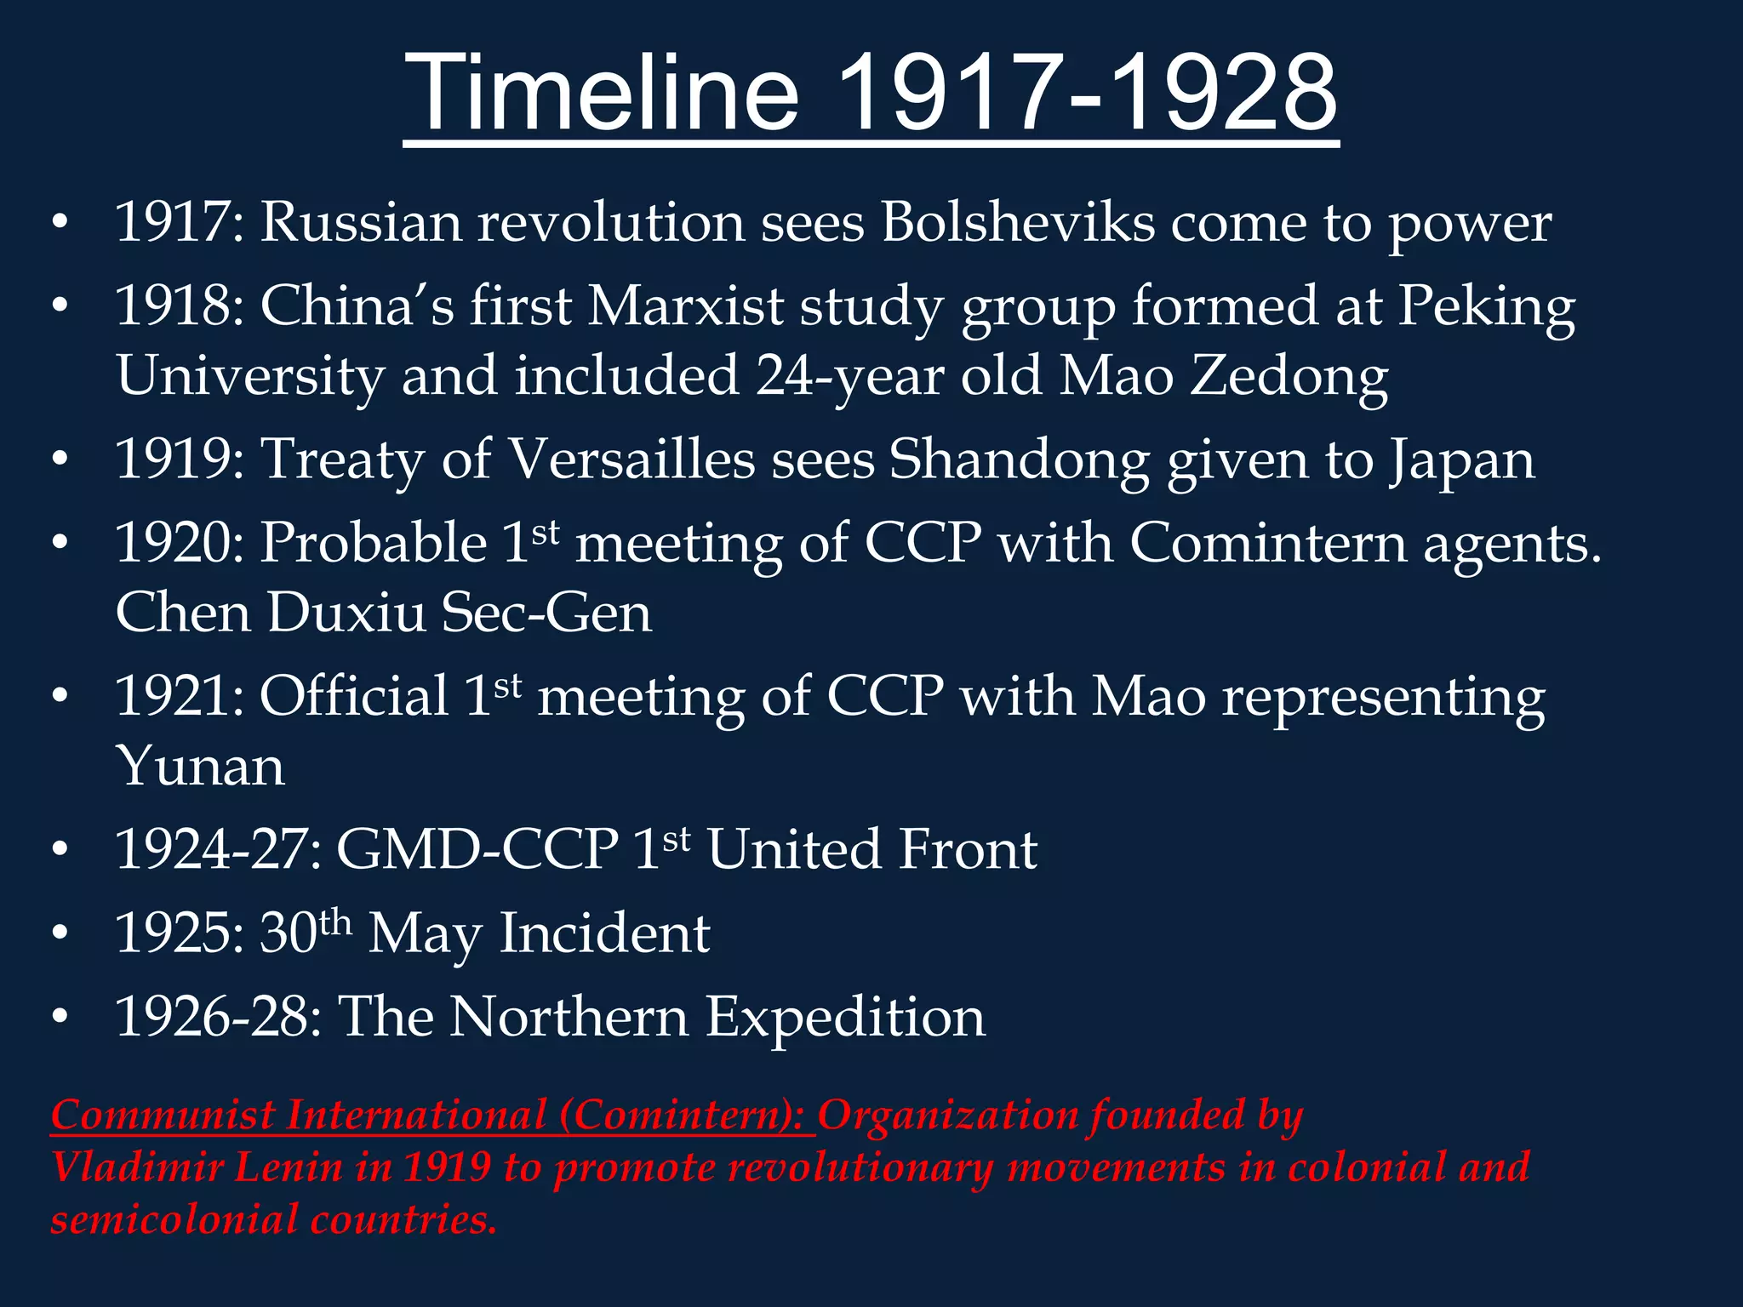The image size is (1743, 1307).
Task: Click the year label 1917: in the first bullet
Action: click(x=180, y=223)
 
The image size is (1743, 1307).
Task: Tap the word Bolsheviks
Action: click(x=1018, y=223)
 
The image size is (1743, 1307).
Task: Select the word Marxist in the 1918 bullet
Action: click(x=686, y=306)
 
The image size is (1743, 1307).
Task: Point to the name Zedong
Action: click(x=1289, y=376)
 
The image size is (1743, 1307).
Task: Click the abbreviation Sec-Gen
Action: click(x=546, y=613)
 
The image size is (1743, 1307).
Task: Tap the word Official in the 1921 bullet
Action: click(x=354, y=696)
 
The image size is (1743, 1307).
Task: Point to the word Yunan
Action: click(x=201, y=766)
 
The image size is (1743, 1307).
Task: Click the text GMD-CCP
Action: click(x=477, y=849)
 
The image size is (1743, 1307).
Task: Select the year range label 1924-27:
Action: click(x=218, y=849)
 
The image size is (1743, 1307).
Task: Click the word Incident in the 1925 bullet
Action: click(x=604, y=933)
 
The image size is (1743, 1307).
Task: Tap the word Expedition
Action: click(x=844, y=1017)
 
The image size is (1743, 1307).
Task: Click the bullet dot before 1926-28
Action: click(x=59, y=1017)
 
